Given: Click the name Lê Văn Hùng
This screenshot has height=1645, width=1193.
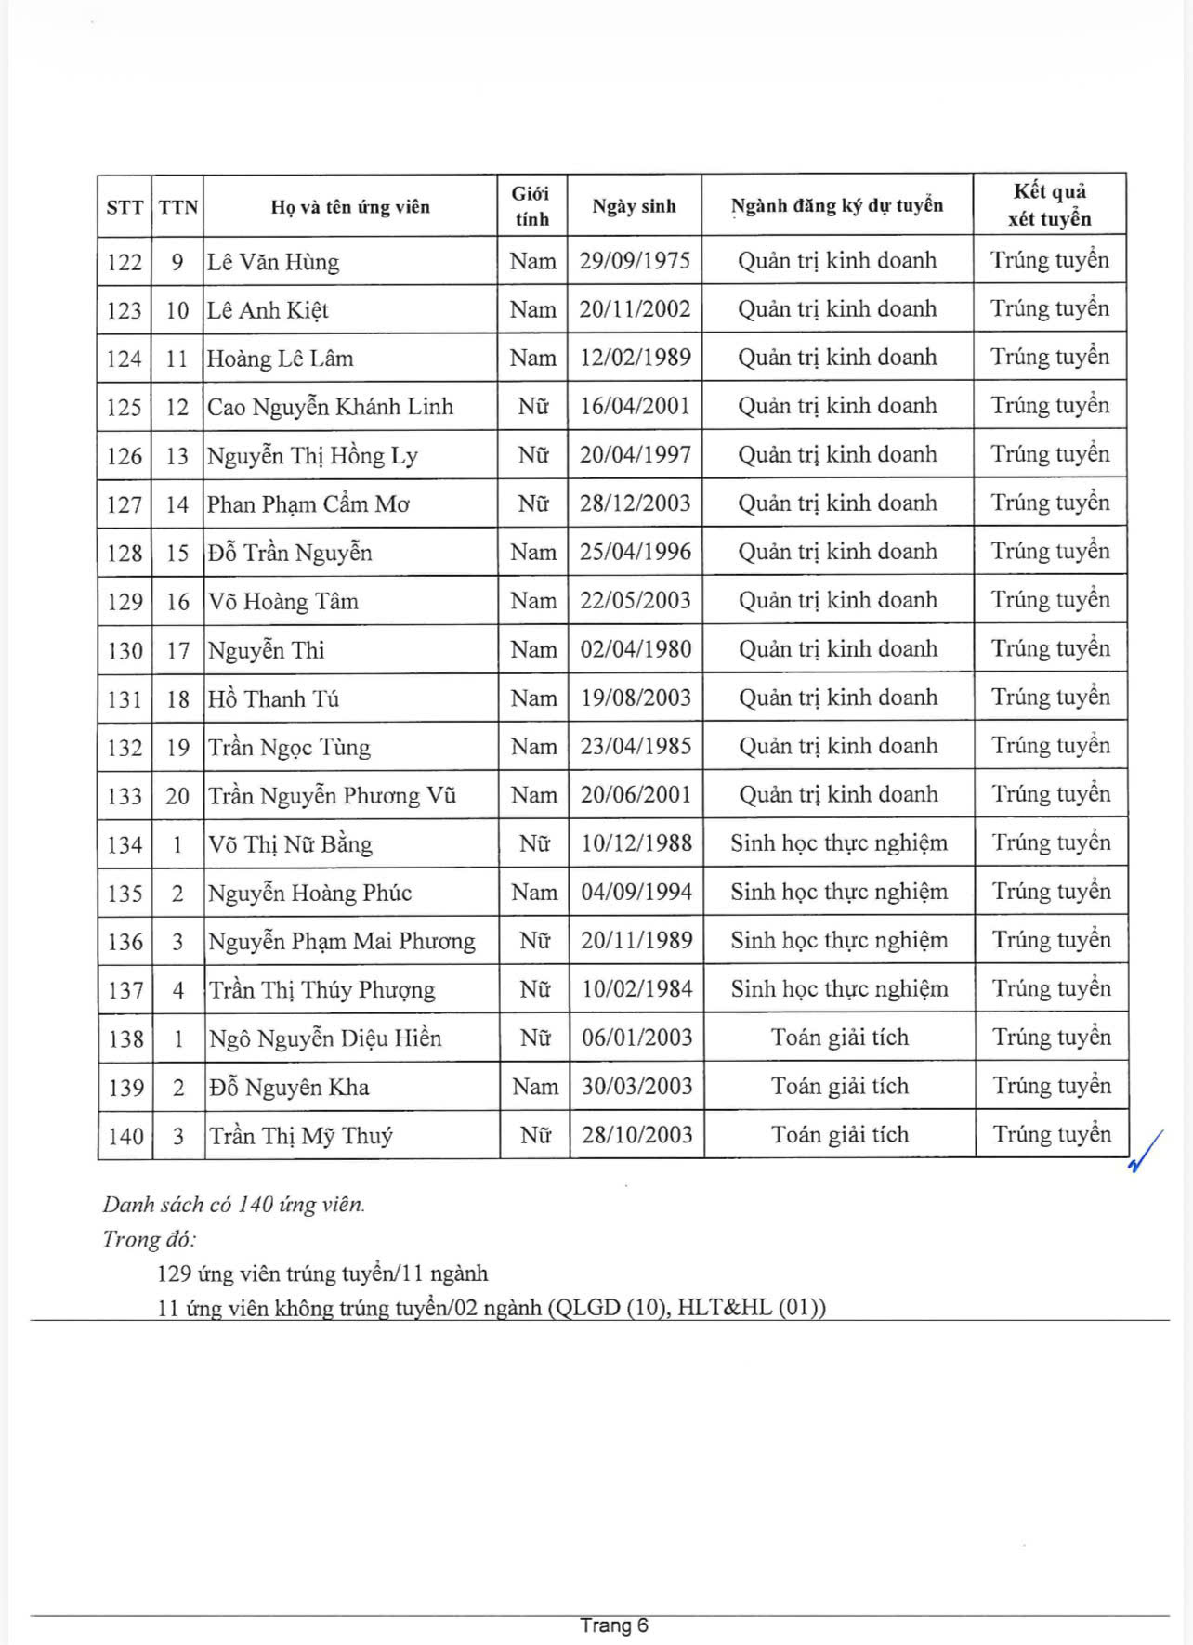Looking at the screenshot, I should pyautogui.click(x=273, y=262).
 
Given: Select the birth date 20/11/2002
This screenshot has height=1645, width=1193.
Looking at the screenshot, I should pyautogui.click(x=635, y=309).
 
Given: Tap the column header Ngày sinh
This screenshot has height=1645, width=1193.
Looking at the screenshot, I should pyautogui.click(x=634, y=206).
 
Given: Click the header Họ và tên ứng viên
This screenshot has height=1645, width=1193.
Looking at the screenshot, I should pyautogui.click(x=350, y=206).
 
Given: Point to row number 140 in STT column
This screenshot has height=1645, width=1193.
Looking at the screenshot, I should pyautogui.click(x=125, y=1136).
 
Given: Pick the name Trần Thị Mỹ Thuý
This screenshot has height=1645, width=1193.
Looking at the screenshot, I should pyautogui.click(x=301, y=1136).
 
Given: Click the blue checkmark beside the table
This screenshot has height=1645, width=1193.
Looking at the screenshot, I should pyautogui.click(x=1146, y=1151).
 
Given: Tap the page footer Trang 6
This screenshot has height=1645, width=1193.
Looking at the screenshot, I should pyautogui.click(x=614, y=1625).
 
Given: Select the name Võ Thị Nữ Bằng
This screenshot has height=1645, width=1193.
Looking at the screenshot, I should pyautogui.click(x=290, y=844).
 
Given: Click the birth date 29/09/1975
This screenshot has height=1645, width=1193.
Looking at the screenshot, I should pyautogui.click(x=635, y=261).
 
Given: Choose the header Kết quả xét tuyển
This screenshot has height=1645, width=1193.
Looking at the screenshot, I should pyautogui.click(x=1050, y=205).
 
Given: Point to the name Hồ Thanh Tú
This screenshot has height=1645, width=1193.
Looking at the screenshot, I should pyautogui.click(x=274, y=698).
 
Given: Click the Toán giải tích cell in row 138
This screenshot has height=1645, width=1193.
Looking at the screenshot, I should pyautogui.click(x=839, y=1038).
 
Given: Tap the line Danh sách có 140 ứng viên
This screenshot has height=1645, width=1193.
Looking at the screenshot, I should pyautogui.click(x=234, y=1205).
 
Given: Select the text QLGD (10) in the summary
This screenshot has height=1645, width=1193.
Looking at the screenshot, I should pyautogui.click(x=609, y=1308).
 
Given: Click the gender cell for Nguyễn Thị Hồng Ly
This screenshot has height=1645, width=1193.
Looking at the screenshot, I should pyautogui.click(x=533, y=455).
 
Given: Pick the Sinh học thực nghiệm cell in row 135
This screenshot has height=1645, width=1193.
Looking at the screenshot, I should pyautogui.click(x=839, y=893).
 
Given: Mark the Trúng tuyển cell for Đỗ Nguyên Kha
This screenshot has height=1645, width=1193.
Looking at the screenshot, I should pyautogui.click(x=1052, y=1086).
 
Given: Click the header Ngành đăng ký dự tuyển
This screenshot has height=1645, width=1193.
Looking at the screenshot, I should pyautogui.click(x=837, y=206).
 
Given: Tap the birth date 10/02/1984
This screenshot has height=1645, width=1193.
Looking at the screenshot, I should pyautogui.click(x=636, y=989).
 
